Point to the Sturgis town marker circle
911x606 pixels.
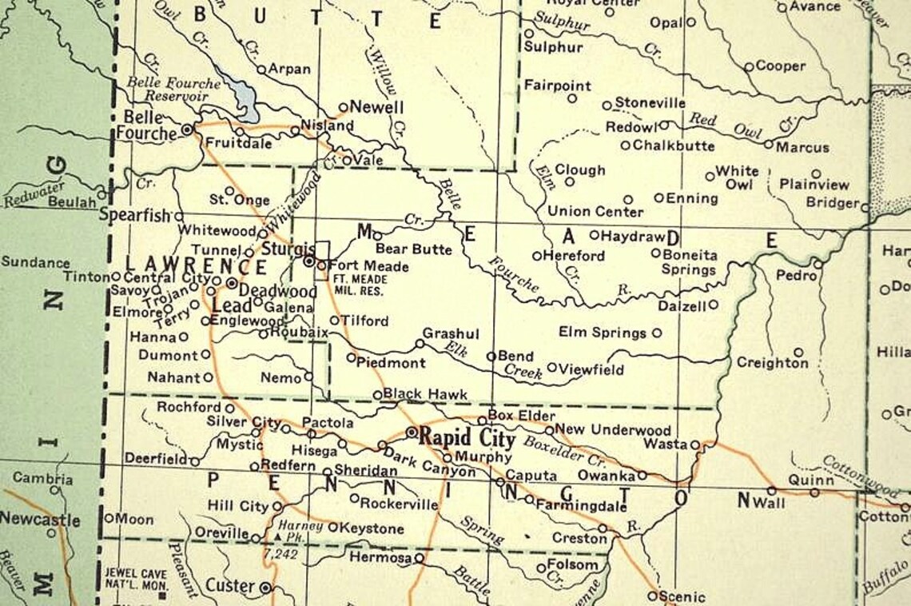(x=308, y=261)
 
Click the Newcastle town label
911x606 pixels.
(x=40, y=519)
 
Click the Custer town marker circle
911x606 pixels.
(x=266, y=588)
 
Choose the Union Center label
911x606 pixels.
(x=595, y=212)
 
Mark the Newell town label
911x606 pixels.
(x=377, y=107)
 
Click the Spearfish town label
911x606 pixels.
(x=135, y=215)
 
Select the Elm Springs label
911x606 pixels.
(x=603, y=333)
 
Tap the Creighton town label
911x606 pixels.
(x=772, y=363)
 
